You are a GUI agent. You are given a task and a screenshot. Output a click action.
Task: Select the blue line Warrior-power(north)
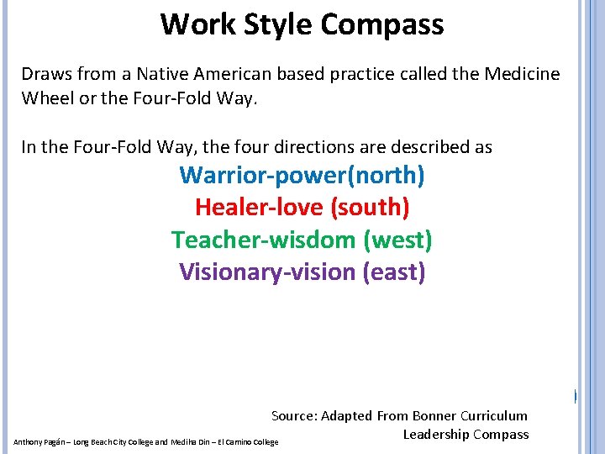[x=302, y=176]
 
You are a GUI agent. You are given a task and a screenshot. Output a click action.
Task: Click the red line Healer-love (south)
[x=302, y=206]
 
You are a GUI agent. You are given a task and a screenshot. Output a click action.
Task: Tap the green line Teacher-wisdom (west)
[x=302, y=240]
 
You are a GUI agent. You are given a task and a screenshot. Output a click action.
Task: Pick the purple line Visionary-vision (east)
[x=302, y=272]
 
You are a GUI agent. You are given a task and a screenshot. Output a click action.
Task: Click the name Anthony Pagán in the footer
[x=38, y=441]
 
